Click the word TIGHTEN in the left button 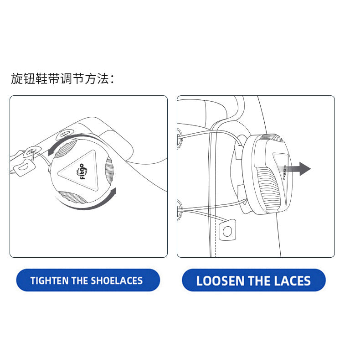tap(50, 281)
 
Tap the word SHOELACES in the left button tap(117, 281)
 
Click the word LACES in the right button tap(292, 281)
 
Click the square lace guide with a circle tap(227, 230)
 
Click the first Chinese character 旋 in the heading tap(17, 78)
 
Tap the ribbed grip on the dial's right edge tap(109, 171)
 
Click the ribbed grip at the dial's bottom tap(72, 197)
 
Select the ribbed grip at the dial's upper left tap(66, 149)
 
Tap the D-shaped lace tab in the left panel tap(24, 167)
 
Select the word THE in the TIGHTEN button tap(80, 281)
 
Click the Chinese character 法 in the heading tap(103, 78)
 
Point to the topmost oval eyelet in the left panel tap(66, 134)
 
